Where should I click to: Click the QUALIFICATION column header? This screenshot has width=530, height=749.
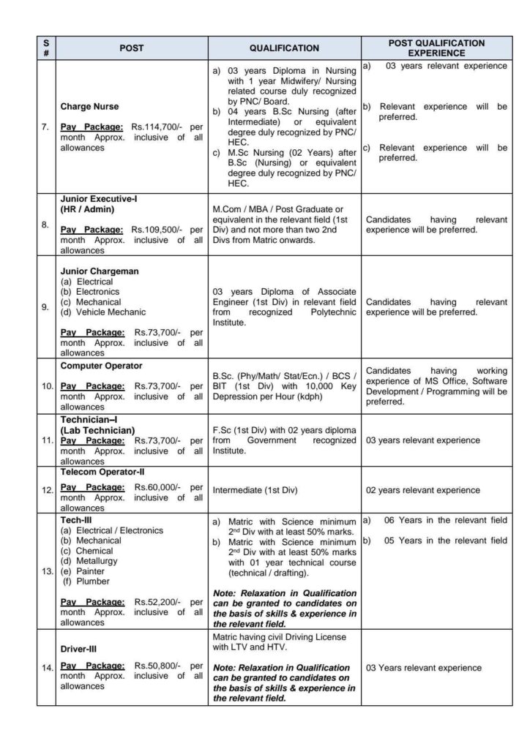point(284,48)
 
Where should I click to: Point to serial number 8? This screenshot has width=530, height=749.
point(45,226)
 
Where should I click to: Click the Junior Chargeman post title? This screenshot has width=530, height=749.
point(99,271)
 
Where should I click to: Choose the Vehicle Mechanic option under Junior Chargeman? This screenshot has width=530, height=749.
point(102,312)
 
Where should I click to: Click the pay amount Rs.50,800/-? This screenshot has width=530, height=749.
point(159,666)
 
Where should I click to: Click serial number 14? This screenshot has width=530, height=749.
point(46,668)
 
